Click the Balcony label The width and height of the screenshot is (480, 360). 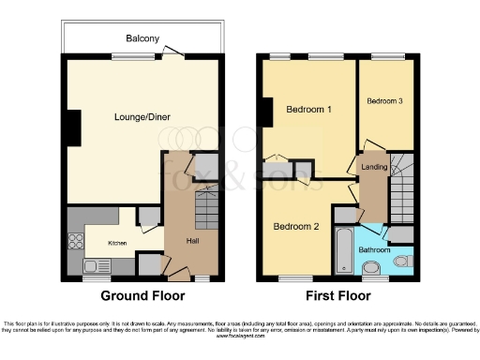[144, 38]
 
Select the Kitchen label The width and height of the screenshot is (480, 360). [117, 243]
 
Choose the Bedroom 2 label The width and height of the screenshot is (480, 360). [296, 227]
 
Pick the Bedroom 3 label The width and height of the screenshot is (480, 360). [384, 101]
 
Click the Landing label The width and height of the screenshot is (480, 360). [373, 167]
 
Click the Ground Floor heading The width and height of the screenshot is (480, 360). [142, 295]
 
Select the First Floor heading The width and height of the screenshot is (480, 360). [348, 295]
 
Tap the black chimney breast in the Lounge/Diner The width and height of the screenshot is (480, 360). [71, 122]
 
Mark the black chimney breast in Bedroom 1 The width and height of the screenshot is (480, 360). [266, 111]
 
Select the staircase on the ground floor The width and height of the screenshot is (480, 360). [207, 202]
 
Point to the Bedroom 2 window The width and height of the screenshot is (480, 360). [293, 278]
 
